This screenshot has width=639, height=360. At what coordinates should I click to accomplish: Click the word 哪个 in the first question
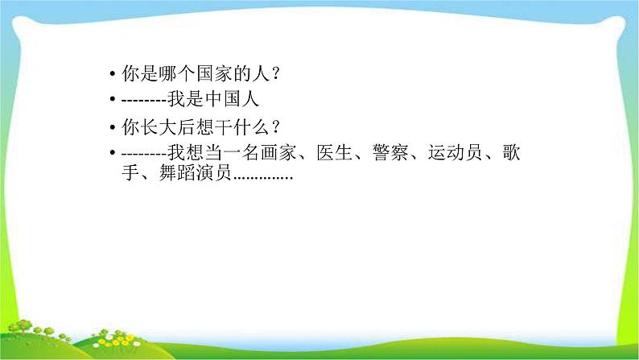pos(177,73)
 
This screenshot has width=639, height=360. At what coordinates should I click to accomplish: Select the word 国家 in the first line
pos(214,73)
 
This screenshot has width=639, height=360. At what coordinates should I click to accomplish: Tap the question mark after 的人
pos(275,74)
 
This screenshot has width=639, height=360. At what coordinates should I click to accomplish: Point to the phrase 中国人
pos(232,100)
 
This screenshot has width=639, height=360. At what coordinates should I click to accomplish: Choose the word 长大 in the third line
pos(159,127)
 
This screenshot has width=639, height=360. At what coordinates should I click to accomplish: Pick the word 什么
pos(250,127)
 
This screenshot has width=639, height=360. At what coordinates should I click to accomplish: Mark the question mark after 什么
pos(275,127)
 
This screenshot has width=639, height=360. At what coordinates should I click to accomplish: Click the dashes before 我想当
pos(144,154)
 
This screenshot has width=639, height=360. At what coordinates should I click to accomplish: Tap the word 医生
pos(334,153)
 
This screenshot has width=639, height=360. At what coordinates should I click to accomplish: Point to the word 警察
pos(390,153)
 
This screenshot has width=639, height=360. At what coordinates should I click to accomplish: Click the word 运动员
pos(456,153)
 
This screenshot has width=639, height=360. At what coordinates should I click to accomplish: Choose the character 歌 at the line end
pos(511,153)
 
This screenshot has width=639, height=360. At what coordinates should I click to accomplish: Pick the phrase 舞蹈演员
pos(196,173)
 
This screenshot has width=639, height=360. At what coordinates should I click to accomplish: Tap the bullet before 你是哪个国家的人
pos(113,74)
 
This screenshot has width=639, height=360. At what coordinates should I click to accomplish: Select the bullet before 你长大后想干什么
pos(113,127)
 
